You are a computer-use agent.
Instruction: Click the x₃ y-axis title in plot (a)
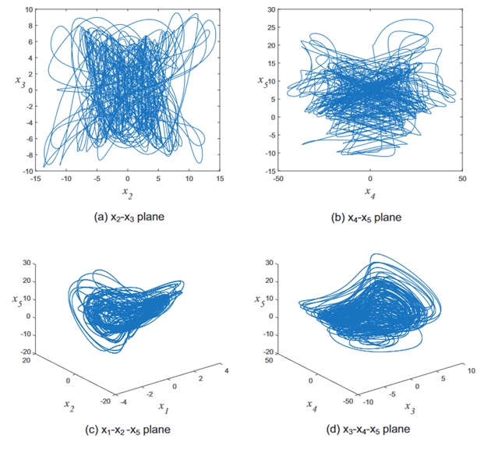(x=19, y=83)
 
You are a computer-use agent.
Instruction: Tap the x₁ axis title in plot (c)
(x=163, y=407)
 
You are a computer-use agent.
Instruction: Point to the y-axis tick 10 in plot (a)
(x=28, y=10)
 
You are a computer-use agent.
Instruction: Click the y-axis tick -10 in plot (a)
(x=26, y=171)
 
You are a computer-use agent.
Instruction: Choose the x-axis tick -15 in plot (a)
(x=36, y=179)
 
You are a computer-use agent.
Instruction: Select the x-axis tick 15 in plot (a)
(x=220, y=179)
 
